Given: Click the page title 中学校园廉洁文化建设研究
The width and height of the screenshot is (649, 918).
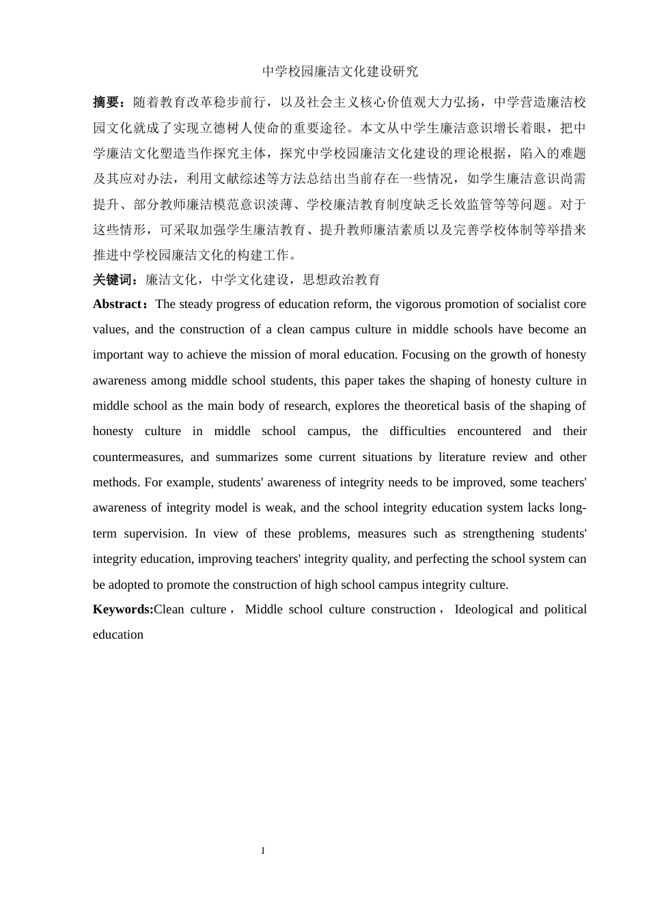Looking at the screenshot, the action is click(340, 72).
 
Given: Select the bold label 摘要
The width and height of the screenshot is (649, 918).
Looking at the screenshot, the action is click(107, 102).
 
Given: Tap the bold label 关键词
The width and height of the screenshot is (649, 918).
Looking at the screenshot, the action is click(113, 279).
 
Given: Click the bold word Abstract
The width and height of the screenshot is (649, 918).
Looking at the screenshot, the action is click(117, 304).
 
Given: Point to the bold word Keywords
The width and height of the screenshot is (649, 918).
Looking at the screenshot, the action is click(122, 609).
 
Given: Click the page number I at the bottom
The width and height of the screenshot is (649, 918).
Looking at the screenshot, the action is click(263, 851).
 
